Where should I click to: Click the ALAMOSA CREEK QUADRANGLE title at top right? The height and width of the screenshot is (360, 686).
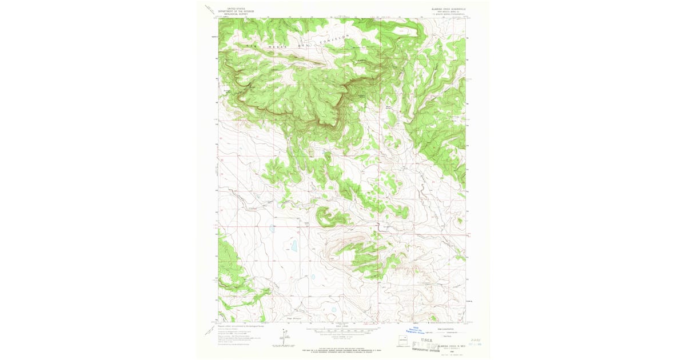click(x=445, y=9)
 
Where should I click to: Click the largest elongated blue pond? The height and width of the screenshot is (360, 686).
click(x=294, y=246)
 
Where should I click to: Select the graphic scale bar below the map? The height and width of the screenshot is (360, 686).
click(x=342, y=330)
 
